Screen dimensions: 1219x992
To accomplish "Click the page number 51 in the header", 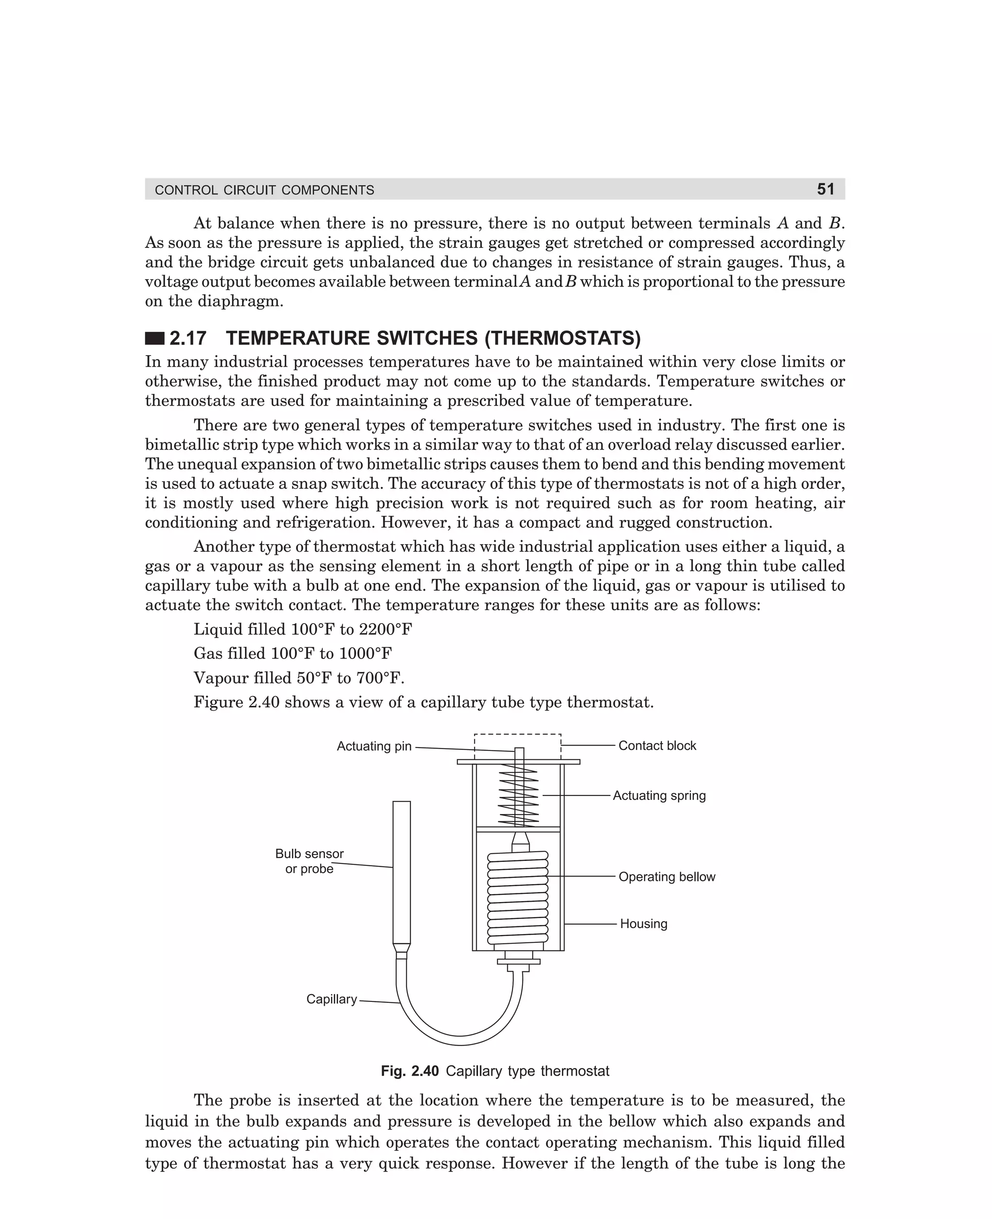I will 825,189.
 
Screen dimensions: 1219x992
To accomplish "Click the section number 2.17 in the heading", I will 188,338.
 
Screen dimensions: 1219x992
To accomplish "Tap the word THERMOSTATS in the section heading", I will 563,338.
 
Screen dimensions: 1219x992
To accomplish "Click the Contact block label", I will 657,745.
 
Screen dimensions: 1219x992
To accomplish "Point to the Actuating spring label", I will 659,795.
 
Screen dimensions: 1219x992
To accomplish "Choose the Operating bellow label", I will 666,876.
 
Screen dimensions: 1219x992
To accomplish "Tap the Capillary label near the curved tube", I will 331,999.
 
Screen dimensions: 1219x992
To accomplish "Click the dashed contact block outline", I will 518,735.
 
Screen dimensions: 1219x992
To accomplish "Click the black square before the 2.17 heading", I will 155,338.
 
